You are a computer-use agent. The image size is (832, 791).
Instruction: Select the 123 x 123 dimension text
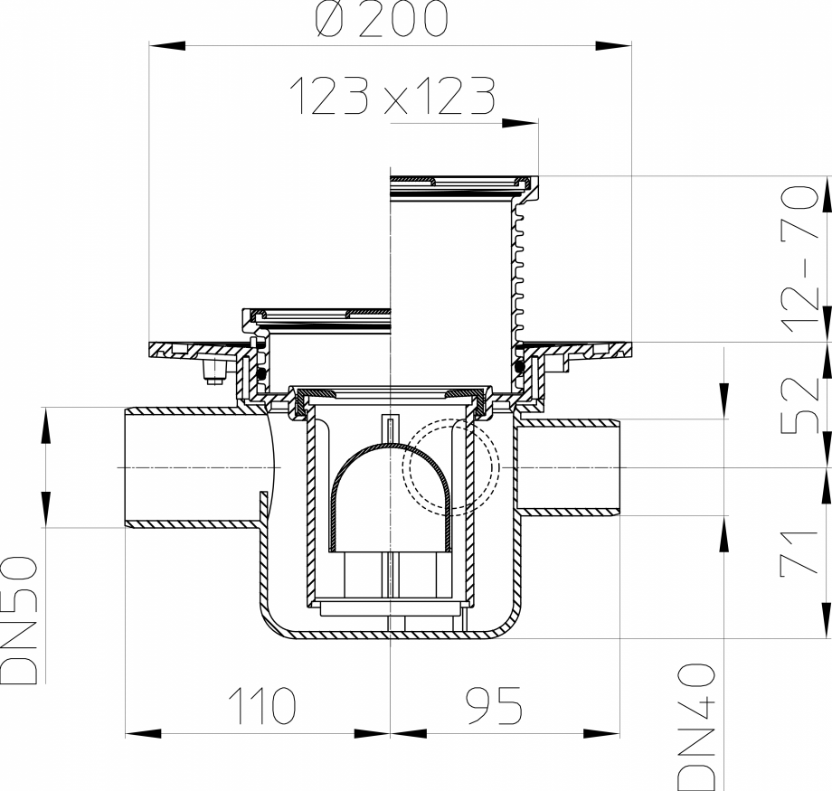pyautogui.click(x=392, y=96)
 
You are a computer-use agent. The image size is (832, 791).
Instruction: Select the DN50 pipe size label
pyautogui.click(x=20, y=620)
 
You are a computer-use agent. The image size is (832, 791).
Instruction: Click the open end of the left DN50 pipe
pyautogui.click(x=127, y=467)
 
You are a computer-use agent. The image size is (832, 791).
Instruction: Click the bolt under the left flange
pyautogui.click(x=213, y=372)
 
